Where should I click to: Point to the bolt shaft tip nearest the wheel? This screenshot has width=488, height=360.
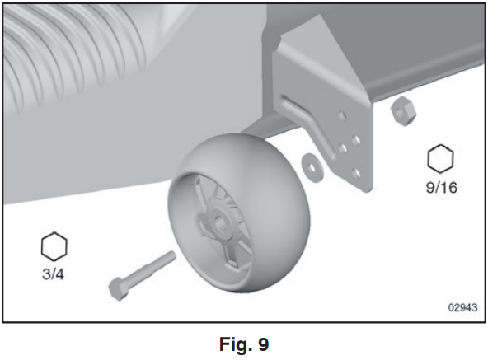tap(172, 255)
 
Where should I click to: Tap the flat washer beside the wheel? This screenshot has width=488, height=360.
tap(312, 168)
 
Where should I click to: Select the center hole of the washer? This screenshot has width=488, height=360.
tap(312, 167)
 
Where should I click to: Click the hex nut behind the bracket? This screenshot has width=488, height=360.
tap(404, 110)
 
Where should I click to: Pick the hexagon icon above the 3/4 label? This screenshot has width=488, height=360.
tap(54, 246)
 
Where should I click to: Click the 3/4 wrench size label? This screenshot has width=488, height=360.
tap(54, 274)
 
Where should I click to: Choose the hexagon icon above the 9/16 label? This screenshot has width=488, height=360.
tap(440, 159)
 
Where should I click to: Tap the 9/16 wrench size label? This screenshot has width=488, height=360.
tap(442, 187)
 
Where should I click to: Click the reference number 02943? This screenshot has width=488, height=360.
tap(462, 307)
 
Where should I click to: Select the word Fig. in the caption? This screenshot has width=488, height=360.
tap(235, 344)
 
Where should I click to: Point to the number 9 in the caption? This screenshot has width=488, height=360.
tap(263, 344)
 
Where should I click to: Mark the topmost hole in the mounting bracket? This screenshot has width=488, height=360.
tap(342, 115)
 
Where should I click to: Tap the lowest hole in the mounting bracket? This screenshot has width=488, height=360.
tap(356, 173)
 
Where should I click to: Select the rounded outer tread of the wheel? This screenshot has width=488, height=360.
tap(274, 212)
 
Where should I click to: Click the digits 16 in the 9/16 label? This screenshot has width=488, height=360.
tap(448, 188)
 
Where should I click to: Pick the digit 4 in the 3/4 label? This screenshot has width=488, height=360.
tap(59, 274)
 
